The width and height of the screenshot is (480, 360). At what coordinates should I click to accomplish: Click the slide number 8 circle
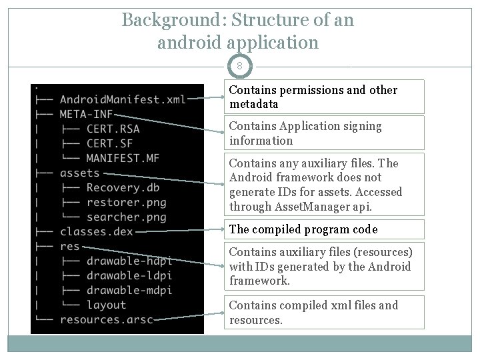pos(239,67)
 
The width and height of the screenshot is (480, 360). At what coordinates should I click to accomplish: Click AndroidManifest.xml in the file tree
pos(123,100)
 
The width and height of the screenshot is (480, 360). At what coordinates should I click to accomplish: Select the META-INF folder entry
pos(86,115)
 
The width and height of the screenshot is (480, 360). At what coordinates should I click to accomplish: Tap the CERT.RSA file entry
pos(113,129)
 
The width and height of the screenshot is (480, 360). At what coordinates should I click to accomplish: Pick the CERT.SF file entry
pos(110,144)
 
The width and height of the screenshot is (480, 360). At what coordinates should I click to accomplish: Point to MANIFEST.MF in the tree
pos(123,159)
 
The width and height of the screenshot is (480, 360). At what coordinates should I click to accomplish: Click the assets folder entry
pos(79,173)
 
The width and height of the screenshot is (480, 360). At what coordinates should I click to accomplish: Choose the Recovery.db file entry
pos(123,188)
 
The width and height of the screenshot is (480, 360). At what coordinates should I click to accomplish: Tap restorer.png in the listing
pos(126,203)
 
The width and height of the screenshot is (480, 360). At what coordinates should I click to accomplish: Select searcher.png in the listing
pos(126,217)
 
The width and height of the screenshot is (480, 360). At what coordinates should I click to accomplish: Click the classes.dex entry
pos(96,232)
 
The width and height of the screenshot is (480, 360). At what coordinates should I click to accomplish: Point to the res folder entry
pos(69,247)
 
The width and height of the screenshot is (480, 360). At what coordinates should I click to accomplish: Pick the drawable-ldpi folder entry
pos(129,276)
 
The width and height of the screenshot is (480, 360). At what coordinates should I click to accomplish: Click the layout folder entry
pos(106,305)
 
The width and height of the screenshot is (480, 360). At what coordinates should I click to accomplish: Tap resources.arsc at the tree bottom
pos(106,320)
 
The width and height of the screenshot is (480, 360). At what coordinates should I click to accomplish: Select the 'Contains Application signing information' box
pos(323,133)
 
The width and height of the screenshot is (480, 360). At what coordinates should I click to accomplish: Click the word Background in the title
pos(171,20)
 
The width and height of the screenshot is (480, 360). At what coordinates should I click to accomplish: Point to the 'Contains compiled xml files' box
pos(323,313)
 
